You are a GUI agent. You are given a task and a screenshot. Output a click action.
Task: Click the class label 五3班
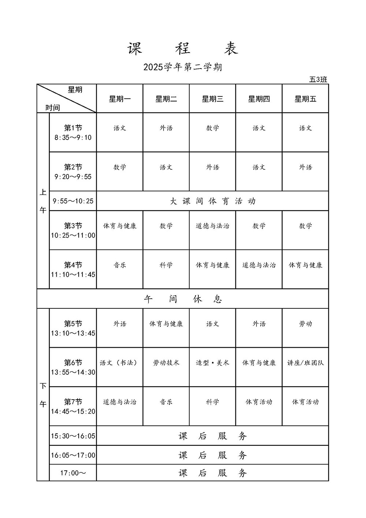click(x=318, y=79)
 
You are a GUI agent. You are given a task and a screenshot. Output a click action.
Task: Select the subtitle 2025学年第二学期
click(x=183, y=67)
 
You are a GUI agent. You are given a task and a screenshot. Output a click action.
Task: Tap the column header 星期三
click(x=212, y=99)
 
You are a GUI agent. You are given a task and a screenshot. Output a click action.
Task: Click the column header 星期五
click(x=305, y=99)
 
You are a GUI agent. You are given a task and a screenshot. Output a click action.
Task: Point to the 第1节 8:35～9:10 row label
click(x=73, y=133)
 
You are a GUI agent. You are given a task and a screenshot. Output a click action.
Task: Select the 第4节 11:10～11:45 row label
click(x=73, y=270)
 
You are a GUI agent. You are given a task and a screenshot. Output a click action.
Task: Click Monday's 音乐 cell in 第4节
click(x=120, y=265)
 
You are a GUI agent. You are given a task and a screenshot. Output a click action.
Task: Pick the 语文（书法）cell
click(x=120, y=363)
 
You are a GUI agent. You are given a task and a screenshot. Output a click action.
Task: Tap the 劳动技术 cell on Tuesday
click(x=166, y=363)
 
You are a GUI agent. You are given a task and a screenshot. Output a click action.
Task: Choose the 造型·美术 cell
click(x=212, y=363)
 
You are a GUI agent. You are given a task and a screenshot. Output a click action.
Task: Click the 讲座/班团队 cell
click(x=305, y=363)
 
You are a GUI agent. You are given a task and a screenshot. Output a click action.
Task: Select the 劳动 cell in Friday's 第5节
click(x=305, y=324)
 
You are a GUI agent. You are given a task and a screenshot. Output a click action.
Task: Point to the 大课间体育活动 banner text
click(x=213, y=201)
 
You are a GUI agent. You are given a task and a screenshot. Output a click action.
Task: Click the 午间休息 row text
click(x=183, y=299)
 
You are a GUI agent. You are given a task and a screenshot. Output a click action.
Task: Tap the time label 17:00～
click(x=73, y=473)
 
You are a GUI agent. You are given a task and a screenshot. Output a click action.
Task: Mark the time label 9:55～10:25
click(x=73, y=201)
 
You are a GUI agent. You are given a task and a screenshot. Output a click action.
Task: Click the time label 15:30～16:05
click(x=73, y=436)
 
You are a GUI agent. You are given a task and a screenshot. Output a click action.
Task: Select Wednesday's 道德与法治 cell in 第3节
click(x=212, y=226)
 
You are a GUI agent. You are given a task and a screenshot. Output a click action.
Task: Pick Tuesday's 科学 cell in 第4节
click(x=166, y=265)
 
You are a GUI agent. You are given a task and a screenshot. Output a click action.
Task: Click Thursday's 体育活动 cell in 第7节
click(x=259, y=402)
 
